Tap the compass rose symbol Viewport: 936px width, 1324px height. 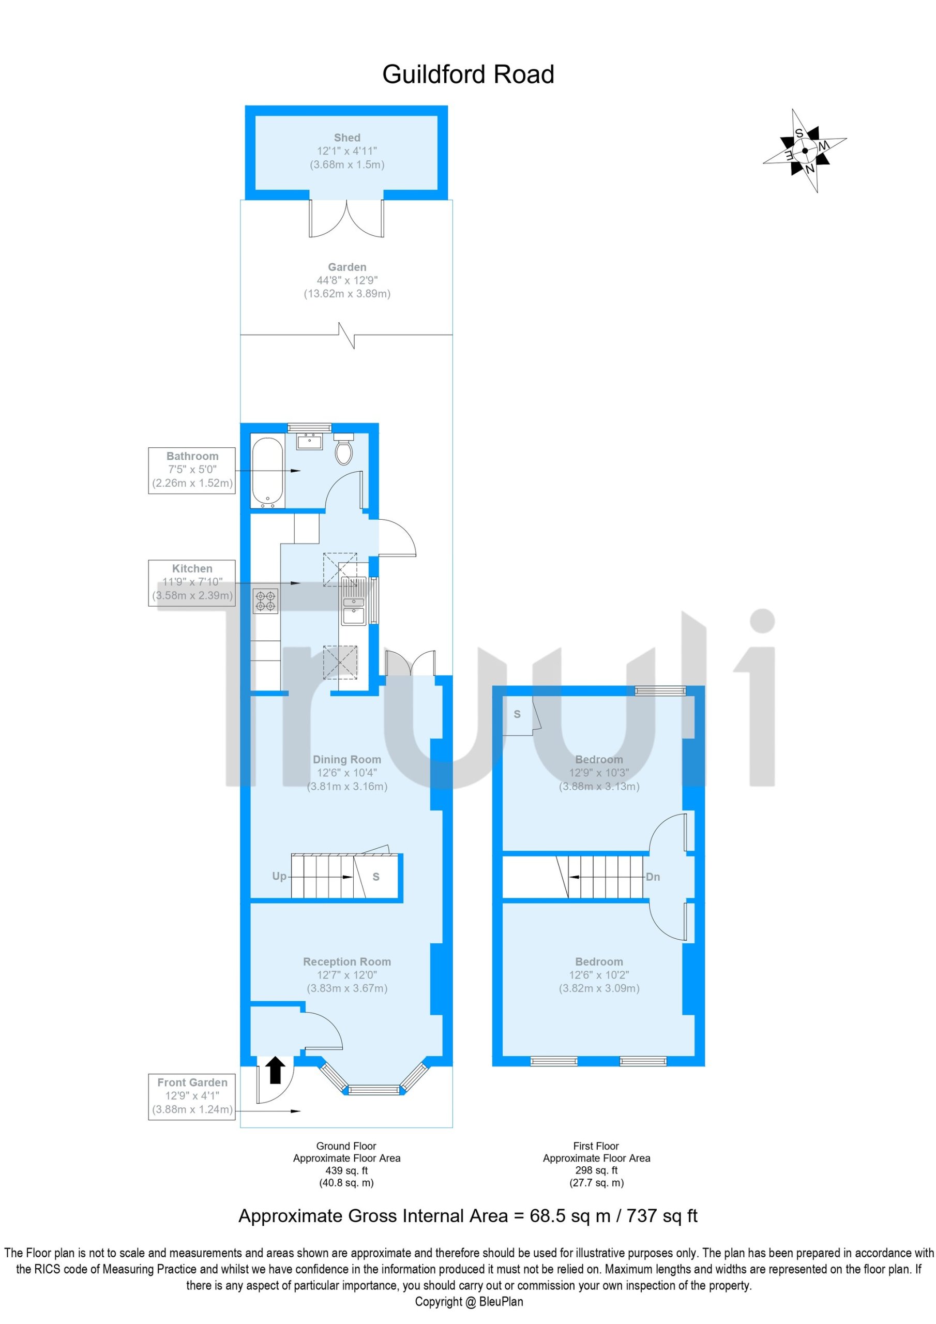(x=805, y=151)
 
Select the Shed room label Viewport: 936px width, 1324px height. (x=346, y=138)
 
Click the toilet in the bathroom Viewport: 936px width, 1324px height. (x=344, y=448)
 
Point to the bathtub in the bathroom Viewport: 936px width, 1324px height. (x=267, y=473)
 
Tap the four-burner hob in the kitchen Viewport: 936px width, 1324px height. (x=265, y=600)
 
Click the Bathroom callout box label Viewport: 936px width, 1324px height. (x=192, y=470)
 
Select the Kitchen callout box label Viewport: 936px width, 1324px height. (x=192, y=582)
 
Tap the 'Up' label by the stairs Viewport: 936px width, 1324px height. (x=279, y=876)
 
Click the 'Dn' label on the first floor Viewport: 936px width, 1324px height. (x=653, y=877)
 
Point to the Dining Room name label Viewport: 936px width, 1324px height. (x=346, y=759)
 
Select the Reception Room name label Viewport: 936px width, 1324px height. (x=346, y=961)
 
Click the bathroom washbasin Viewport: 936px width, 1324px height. (x=310, y=442)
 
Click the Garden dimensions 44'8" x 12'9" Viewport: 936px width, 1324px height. (x=346, y=280)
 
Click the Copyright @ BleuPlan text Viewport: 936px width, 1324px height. (x=469, y=1302)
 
